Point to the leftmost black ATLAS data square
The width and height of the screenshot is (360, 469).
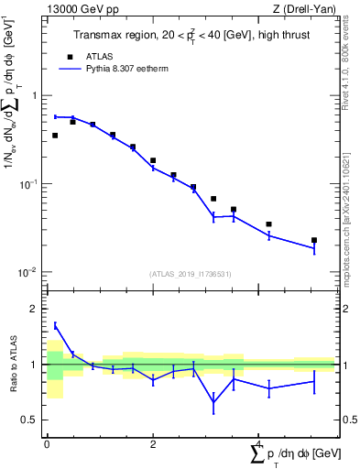coord(55,136)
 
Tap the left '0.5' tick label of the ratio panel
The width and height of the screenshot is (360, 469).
coord(29,420)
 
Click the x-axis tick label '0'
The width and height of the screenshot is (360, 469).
coord(47,444)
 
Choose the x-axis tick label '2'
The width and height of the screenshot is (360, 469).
coord(153,444)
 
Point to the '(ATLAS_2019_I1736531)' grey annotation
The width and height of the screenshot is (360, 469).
coord(190,274)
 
